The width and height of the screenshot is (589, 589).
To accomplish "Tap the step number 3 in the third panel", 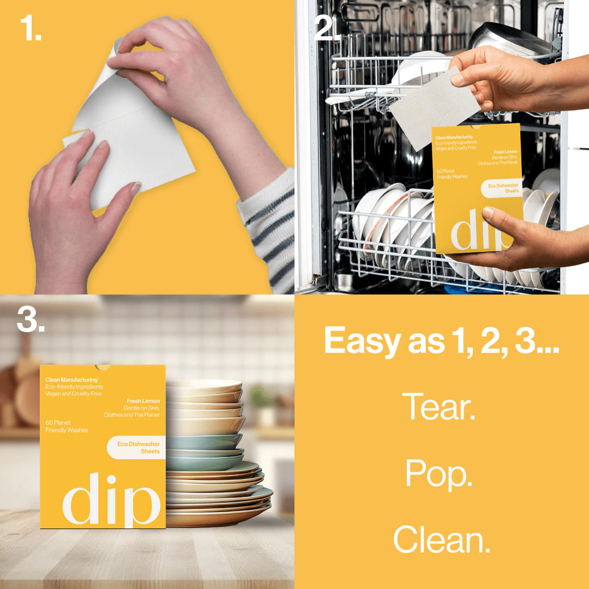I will (31, 320).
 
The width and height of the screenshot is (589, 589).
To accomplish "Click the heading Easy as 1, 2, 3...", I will (442, 341).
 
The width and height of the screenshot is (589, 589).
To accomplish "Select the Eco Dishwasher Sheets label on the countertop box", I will (137, 448).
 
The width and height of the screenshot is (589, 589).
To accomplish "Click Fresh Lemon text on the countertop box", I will (143, 401).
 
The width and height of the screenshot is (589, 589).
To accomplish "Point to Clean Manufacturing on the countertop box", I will (71, 380).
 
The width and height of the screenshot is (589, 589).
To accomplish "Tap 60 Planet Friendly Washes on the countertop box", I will (67, 426).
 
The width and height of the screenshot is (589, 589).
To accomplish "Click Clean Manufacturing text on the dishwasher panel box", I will (454, 137).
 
